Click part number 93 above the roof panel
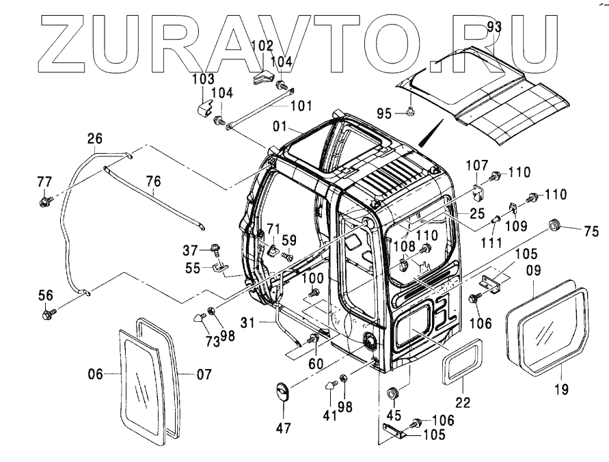coord(494,27)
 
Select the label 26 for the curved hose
coord(94,139)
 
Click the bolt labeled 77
coord(45,202)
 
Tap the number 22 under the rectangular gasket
coord(463,403)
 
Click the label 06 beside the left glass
coord(95,373)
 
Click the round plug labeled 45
coord(393,393)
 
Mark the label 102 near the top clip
coord(262,46)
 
